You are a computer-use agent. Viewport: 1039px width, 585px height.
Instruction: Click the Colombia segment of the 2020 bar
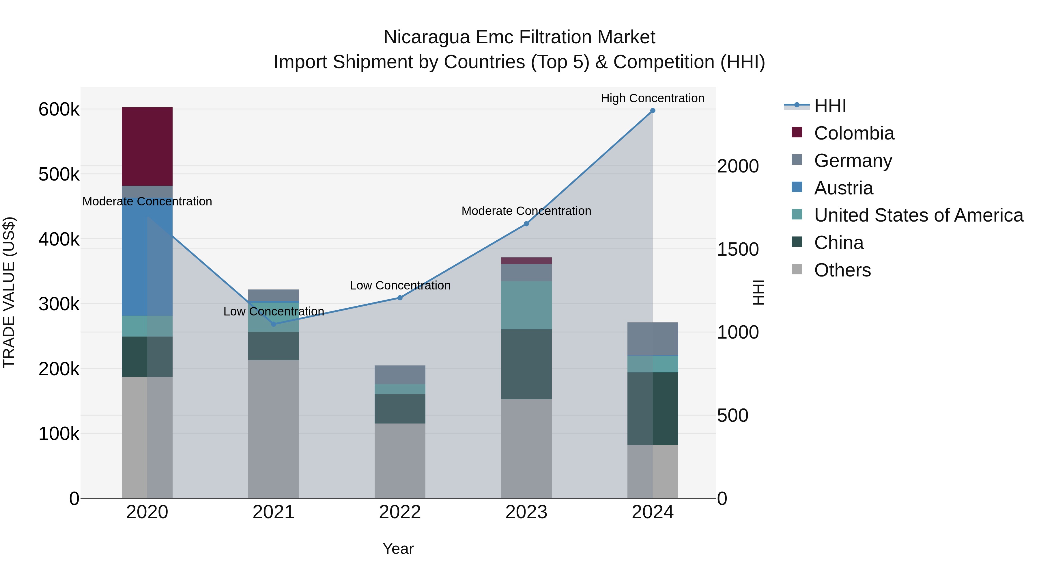click(147, 146)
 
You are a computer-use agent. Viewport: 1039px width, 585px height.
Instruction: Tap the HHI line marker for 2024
click(653, 111)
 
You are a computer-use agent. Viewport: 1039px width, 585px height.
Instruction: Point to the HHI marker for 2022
click(400, 298)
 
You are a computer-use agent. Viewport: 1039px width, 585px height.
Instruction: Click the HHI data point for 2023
click(526, 224)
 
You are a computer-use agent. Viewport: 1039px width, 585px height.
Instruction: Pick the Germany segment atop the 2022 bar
click(400, 375)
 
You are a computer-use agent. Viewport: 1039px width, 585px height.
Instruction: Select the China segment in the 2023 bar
click(526, 364)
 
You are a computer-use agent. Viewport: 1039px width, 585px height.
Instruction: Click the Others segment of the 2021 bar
click(274, 429)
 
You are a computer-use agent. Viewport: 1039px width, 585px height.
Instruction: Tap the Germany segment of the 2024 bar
click(653, 339)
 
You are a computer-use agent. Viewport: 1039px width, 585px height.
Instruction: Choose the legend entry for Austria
click(843, 188)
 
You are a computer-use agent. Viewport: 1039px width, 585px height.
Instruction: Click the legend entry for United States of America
click(918, 215)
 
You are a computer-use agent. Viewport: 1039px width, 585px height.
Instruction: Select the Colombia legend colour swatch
click(797, 132)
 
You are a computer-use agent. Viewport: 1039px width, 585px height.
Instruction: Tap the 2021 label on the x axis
click(274, 512)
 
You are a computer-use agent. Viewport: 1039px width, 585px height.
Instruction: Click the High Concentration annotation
click(652, 99)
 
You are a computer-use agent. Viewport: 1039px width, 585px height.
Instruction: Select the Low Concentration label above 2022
click(400, 285)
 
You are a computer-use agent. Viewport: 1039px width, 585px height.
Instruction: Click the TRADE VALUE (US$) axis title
click(9, 292)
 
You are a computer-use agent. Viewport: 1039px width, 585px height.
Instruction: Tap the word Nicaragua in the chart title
click(427, 37)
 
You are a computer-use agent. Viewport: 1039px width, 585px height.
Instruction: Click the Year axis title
click(398, 549)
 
